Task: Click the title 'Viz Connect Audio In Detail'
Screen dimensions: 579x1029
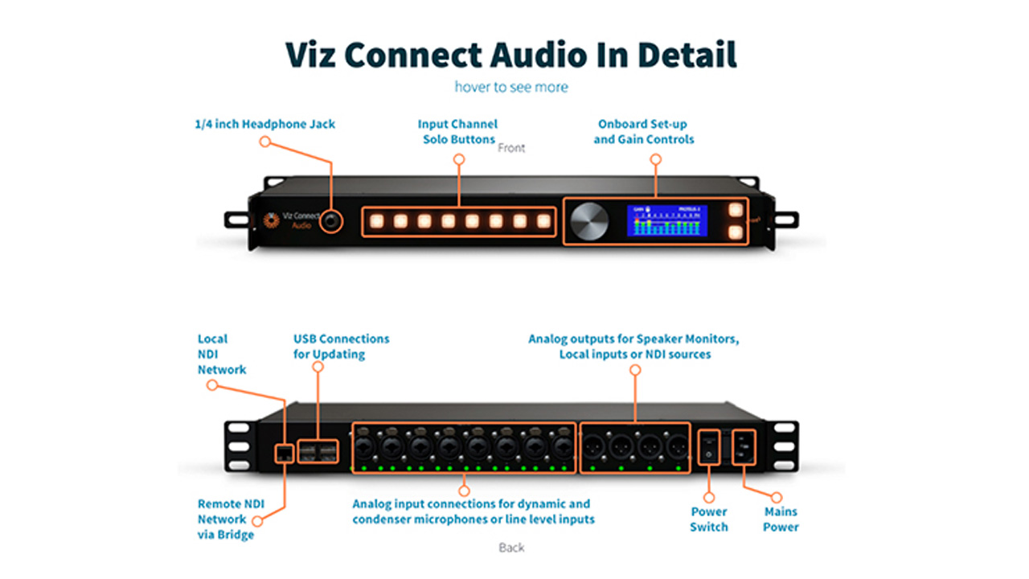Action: tap(511, 55)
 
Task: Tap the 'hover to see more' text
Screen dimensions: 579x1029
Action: tap(511, 87)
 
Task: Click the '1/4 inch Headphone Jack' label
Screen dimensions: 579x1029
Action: tap(265, 124)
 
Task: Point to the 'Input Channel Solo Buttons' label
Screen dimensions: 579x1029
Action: tap(458, 132)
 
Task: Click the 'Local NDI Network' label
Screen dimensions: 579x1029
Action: tap(222, 354)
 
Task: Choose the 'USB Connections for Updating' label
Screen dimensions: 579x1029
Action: tap(341, 347)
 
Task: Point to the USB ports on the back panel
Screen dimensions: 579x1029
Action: tap(318, 452)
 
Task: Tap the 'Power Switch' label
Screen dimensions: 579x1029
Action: tap(709, 519)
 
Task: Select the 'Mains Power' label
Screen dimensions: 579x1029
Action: tap(781, 519)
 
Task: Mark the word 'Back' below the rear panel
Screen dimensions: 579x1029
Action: tap(511, 548)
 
